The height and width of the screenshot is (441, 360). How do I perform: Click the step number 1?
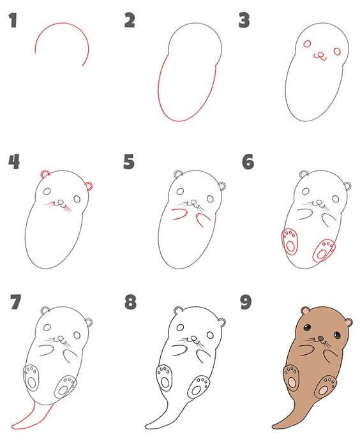(12, 22)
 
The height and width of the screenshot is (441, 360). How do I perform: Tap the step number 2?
(130, 21)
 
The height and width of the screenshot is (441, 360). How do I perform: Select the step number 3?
(243, 21)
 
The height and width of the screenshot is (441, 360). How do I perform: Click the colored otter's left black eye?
(308, 327)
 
